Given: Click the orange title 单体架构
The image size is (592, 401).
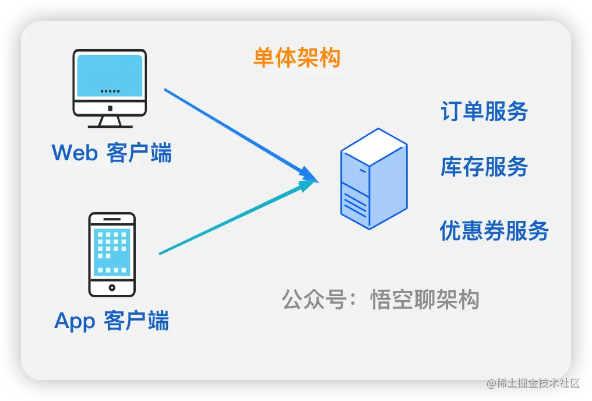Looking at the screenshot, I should (x=297, y=58).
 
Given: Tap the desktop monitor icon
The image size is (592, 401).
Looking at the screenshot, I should (x=109, y=87).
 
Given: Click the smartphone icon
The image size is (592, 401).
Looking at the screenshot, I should (x=112, y=255).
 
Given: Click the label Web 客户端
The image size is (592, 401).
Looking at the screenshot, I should (x=112, y=153).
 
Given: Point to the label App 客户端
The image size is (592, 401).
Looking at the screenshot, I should (x=112, y=321).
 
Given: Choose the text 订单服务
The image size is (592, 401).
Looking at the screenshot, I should (x=484, y=111).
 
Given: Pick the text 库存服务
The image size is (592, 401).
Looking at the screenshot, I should (x=484, y=167).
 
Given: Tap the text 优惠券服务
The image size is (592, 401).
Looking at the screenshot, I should (x=494, y=230).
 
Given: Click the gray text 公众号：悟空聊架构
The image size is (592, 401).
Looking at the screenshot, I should (x=380, y=300).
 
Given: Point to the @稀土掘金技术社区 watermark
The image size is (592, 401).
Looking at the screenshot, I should (x=532, y=382).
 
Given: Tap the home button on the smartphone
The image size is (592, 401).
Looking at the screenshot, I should (x=112, y=287).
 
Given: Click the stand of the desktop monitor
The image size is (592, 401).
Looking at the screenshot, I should (x=110, y=121).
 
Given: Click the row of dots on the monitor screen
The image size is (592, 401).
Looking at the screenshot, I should (x=110, y=92).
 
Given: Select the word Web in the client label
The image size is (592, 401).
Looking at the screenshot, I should (x=74, y=153).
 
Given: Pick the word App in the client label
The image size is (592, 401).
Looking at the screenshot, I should (x=75, y=321).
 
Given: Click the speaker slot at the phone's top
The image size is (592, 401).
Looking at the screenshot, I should (x=112, y=220).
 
